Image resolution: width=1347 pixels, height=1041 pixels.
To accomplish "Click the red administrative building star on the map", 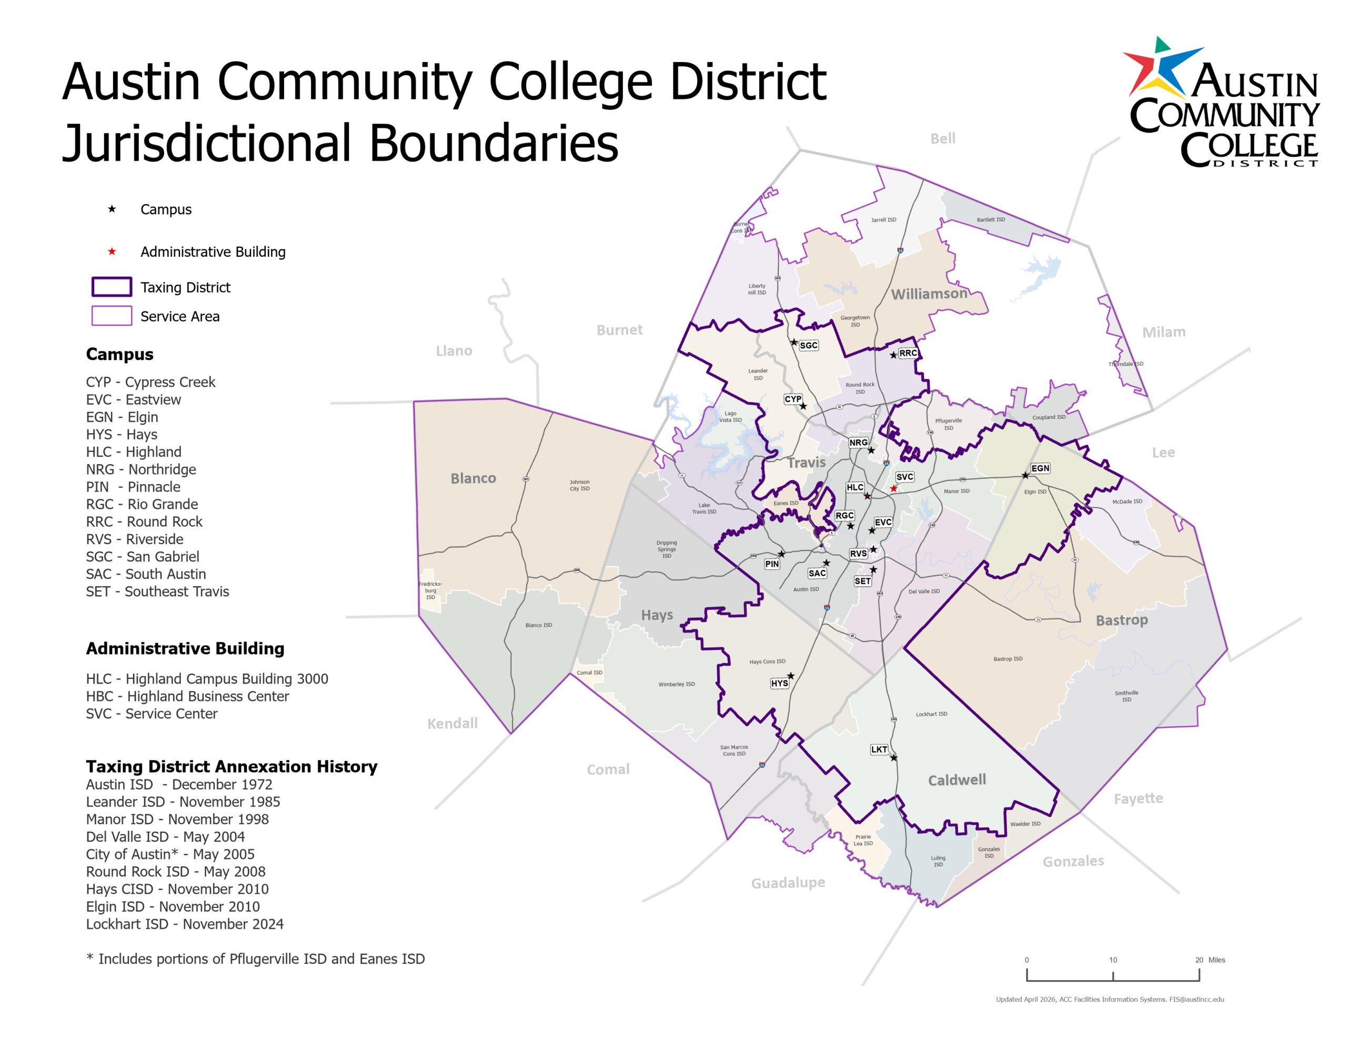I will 893,488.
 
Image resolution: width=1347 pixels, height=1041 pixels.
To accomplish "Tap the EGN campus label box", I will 1040,468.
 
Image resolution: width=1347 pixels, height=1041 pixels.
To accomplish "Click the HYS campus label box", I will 780,683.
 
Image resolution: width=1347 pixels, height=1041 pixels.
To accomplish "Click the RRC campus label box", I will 908,354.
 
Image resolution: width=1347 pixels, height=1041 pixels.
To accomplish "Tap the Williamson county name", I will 929,294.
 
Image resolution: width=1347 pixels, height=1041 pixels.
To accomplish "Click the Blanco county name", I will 473,478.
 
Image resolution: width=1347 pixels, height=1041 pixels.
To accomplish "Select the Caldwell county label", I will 957,780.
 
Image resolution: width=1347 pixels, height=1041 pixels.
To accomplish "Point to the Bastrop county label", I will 1121,620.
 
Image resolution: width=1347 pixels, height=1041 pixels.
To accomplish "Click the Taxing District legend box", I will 112,287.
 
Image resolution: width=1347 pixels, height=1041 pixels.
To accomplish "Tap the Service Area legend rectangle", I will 112,316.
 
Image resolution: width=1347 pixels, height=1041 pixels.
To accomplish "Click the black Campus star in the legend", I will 112,209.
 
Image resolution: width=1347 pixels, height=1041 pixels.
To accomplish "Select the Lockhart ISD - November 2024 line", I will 184,924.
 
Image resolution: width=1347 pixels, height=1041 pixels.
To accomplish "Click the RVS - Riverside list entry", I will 135,539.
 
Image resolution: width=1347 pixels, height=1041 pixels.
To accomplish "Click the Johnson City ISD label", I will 579,485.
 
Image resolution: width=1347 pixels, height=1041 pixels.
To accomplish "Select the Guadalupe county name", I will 788,883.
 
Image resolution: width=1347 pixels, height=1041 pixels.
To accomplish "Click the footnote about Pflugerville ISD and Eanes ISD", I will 255,958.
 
